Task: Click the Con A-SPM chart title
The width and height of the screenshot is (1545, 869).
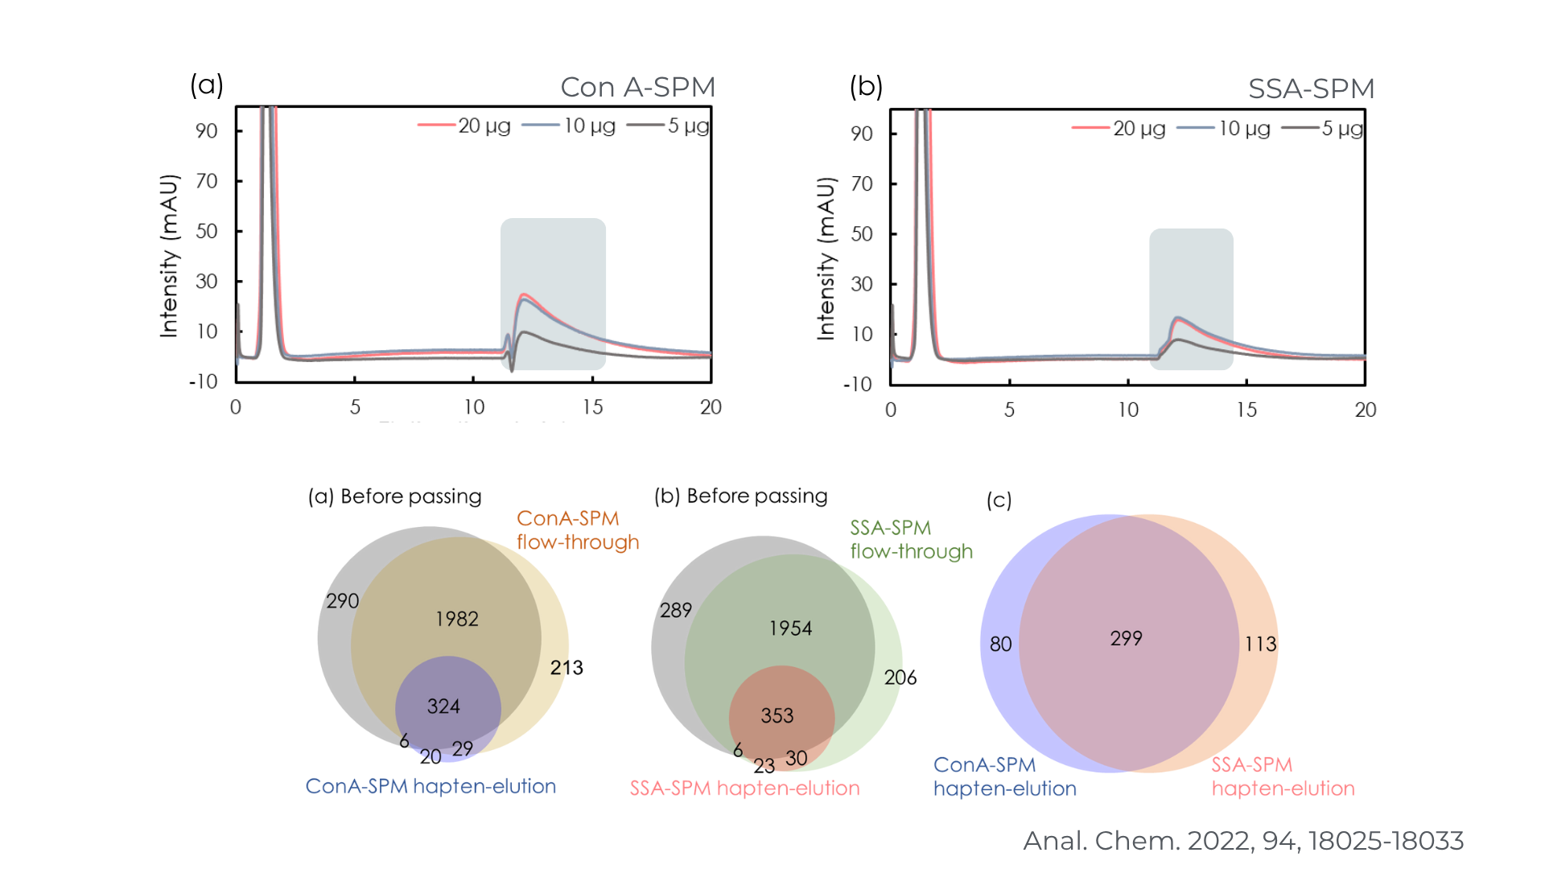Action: pos(637,87)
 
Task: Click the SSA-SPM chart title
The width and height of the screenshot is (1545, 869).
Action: pos(1311,89)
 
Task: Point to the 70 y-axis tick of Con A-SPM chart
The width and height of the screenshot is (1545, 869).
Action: pos(207,181)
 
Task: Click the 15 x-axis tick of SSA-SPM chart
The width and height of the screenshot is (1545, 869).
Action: pos(1246,410)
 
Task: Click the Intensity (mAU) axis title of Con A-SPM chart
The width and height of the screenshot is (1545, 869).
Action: pos(168,256)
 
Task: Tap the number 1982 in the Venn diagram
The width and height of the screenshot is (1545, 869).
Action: pos(456,619)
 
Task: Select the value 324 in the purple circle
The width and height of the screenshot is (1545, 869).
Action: pos(443,706)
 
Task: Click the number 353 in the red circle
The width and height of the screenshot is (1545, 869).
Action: pos(777,715)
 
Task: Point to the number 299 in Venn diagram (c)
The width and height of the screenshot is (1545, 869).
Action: pos(1126,638)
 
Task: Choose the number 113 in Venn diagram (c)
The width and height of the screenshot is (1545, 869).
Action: pos(1260,644)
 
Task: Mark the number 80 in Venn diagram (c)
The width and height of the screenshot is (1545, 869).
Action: pos(1000,644)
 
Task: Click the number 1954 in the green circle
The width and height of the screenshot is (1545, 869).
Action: pos(790,628)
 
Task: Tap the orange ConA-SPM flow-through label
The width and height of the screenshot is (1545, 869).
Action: pos(577,530)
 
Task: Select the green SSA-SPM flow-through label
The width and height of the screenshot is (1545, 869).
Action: pos(911,539)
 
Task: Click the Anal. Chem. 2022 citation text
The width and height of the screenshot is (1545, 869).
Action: pos(1242,840)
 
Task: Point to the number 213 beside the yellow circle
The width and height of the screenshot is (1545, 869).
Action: pos(566,667)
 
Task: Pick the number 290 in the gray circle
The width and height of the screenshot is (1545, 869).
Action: pos(342,601)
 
